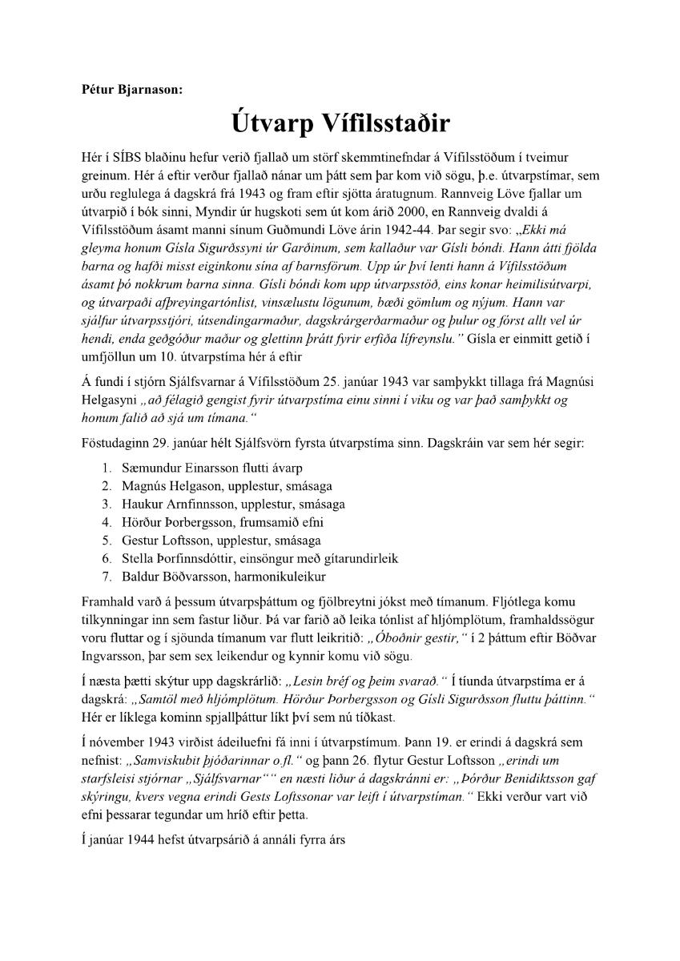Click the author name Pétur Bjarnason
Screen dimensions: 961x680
pyautogui.click(x=132, y=90)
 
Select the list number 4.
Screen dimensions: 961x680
pyautogui.click(x=106, y=522)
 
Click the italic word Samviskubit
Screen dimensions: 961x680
pyautogui.click(x=171, y=760)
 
